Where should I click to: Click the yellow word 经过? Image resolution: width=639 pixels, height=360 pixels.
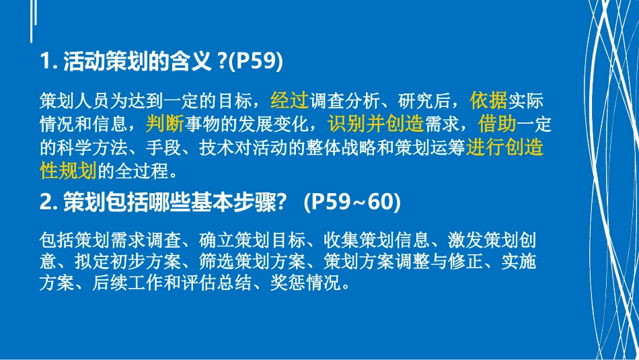289,102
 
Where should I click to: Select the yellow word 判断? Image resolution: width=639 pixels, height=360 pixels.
165,124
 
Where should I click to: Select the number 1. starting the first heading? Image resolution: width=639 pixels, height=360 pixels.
49,63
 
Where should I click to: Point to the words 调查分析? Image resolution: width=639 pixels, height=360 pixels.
346,102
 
